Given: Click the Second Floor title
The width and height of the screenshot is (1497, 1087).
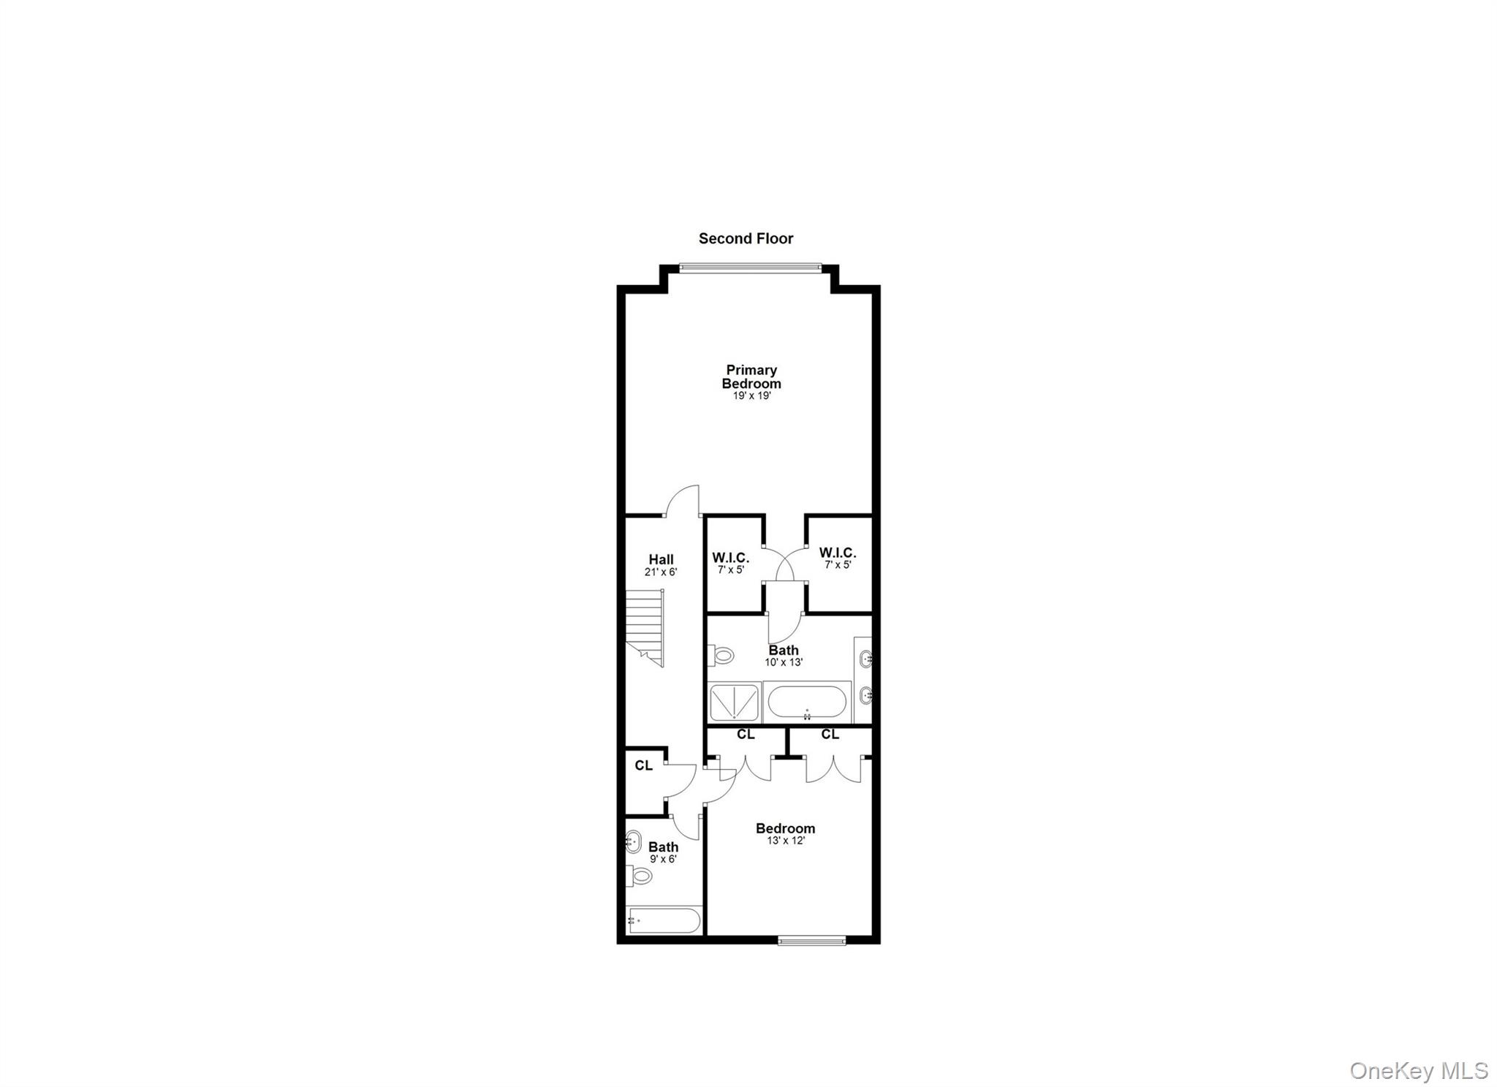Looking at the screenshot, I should pyautogui.click(x=746, y=238).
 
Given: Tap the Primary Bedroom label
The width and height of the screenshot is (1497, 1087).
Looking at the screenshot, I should pyautogui.click(x=751, y=376).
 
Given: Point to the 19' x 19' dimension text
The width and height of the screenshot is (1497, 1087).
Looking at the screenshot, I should pyautogui.click(x=752, y=396).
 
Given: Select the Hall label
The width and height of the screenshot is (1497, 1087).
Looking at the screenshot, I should pyautogui.click(x=661, y=560).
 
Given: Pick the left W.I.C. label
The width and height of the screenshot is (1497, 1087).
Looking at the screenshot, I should pyautogui.click(x=730, y=558).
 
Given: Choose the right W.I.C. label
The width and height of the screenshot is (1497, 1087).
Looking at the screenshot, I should pyautogui.click(x=837, y=553).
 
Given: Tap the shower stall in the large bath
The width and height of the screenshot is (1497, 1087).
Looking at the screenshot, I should pyautogui.click(x=735, y=702).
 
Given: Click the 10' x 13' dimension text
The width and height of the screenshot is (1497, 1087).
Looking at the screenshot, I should pyautogui.click(x=784, y=662).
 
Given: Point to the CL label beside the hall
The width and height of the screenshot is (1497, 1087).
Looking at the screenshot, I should pyautogui.click(x=643, y=765).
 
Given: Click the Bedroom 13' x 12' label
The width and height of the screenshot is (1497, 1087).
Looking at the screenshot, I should pyautogui.click(x=785, y=828).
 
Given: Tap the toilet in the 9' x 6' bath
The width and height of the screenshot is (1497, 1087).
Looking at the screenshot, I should pyautogui.click(x=640, y=875).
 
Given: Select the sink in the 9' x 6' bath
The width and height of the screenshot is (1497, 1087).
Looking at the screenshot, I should pyautogui.click(x=633, y=842).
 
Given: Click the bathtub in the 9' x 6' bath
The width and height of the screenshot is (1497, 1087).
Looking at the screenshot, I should pyautogui.click(x=664, y=920).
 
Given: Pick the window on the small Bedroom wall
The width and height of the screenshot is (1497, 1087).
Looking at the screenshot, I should pyautogui.click(x=811, y=941).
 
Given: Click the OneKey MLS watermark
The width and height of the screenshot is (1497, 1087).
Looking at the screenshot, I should pyautogui.click(x=1418, y=1071).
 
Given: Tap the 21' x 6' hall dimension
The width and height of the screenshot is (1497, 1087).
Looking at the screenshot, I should pyautogui.click(x=661, y=572).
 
